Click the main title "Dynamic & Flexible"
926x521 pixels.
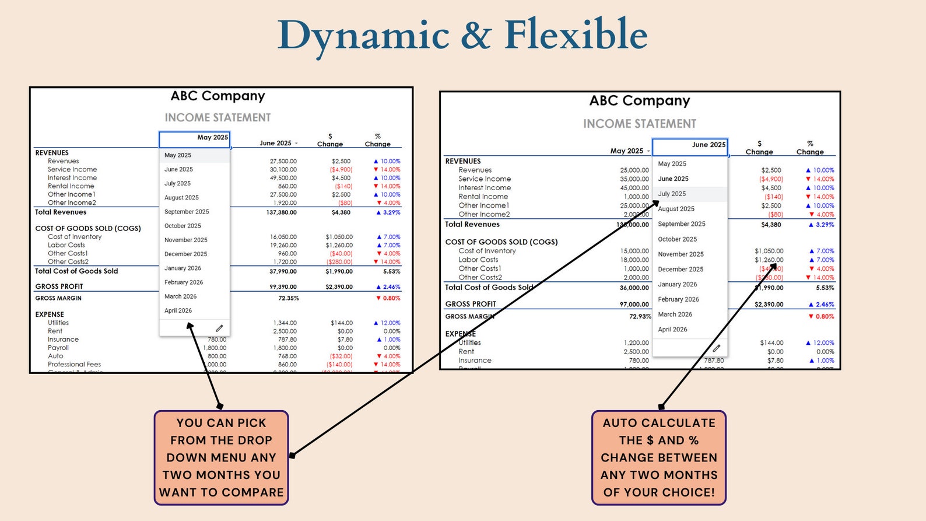point(462,35)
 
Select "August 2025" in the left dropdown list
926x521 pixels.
point(181,198)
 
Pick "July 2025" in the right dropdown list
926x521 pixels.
point(672,194)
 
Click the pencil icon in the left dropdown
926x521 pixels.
point(219,328)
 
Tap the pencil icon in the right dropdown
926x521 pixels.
point(716,348)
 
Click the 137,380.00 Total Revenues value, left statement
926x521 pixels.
point(281,212)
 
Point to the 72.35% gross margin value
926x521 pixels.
point(288,298)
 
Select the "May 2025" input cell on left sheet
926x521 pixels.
point(195,138)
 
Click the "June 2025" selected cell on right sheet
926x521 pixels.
point(690,145)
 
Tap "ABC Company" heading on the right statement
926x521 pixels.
point(639,100)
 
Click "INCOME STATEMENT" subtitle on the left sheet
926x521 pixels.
point(218,117)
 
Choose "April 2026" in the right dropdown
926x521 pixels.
point(672,330)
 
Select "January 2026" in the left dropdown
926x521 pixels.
point(183,268)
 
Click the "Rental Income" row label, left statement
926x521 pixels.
point(71,186)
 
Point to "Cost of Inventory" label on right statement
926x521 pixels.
point(487,251)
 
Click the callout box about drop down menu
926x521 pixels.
point(221,457)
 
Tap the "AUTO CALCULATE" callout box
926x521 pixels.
point(658,457)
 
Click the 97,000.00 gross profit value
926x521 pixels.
point(634,305)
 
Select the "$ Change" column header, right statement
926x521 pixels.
point(759,148)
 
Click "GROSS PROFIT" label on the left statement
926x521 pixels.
point(59,286)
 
